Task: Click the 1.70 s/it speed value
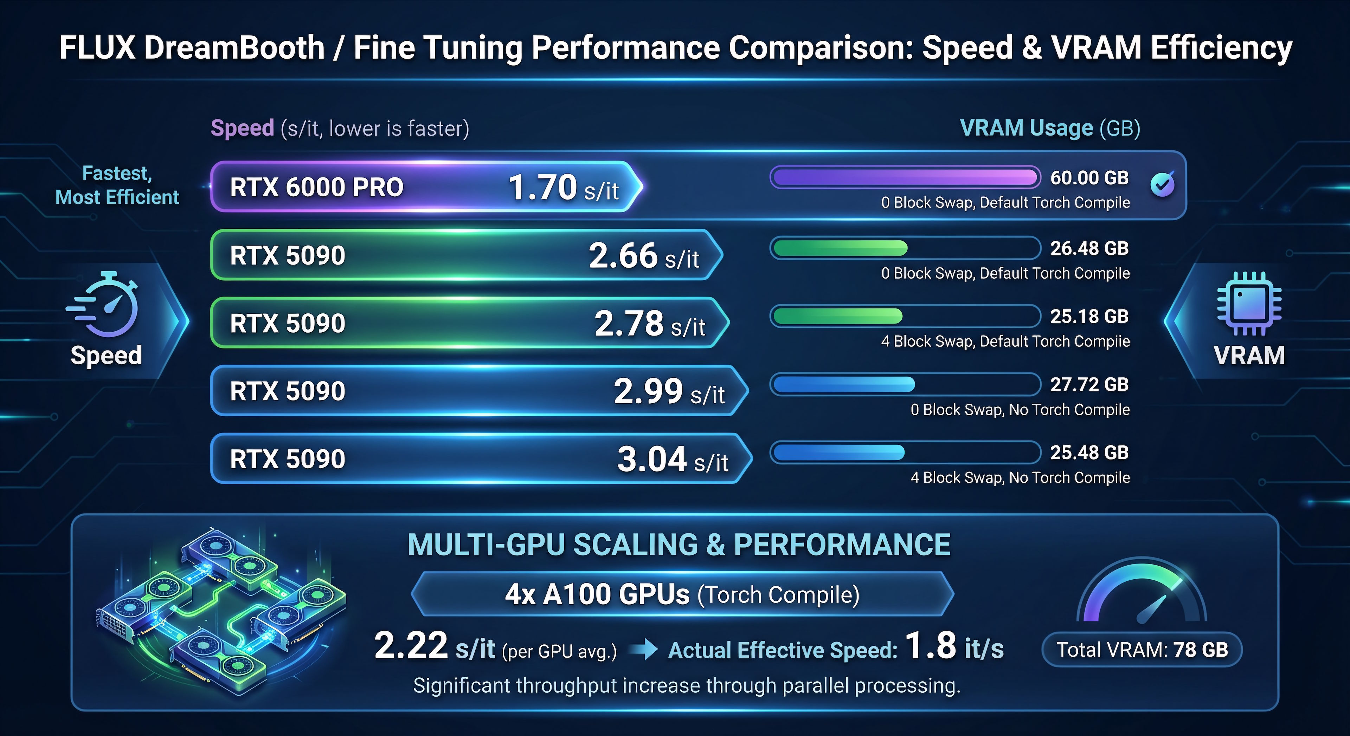click(x=563, y=188)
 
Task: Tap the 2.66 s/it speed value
click(x=644, y=256)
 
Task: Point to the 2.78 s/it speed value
click(x=650, y=323)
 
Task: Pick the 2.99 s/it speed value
click(x=669, y=391)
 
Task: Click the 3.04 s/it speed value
click(x=673, y=460)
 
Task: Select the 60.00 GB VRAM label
click(x=1089, y=178)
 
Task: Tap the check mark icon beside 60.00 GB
click(x=1162, y=184)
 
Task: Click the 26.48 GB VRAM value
click(x=1089, y=248)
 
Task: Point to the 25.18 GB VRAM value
click(x=1089, y=317)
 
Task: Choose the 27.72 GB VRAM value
click(x=1089, y=384)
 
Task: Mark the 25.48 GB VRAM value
click(x=1089, y=452)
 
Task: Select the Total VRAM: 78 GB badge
click(x=1142, y=650)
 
